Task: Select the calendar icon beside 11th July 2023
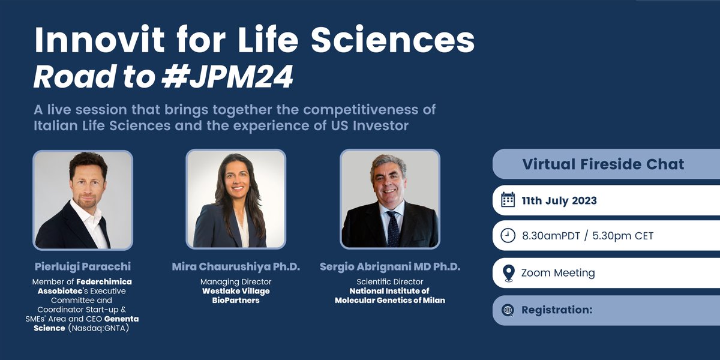point(508,200)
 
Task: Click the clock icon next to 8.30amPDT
point(508,236)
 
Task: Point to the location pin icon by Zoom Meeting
point(508,273)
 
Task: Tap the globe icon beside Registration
point(508,310)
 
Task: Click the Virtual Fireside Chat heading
point(603,164)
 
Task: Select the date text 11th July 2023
point(559,200)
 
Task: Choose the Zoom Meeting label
point(558,273)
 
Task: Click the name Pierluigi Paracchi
point(83,266)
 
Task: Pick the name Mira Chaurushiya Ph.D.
point(236,266)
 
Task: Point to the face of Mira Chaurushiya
point(236,178)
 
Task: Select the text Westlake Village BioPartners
point(236,295)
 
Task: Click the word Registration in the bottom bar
point(556,310)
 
